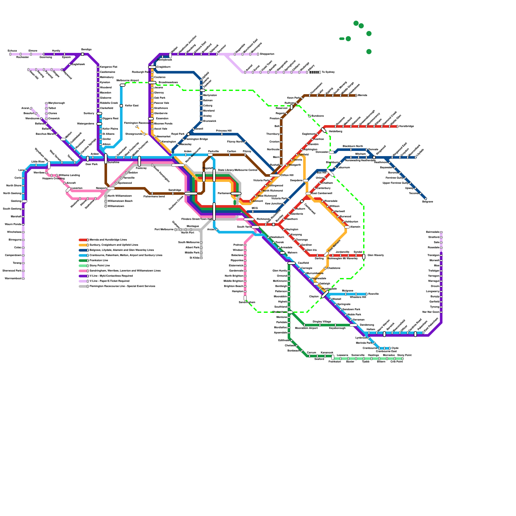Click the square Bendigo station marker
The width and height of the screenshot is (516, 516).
tap(83, 54)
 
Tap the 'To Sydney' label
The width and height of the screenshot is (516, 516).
tap(328, 72)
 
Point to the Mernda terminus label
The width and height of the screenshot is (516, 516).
tap(362, 95)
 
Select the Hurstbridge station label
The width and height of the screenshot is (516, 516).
tap(406, 126)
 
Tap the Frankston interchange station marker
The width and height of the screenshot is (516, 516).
tap(333, 357)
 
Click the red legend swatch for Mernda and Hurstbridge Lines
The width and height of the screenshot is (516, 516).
tap(83, 240)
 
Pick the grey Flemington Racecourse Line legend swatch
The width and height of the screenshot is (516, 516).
tap(83, 286)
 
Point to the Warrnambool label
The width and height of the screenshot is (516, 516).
tap(13, 279)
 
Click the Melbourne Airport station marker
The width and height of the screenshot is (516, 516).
tap(123, 85)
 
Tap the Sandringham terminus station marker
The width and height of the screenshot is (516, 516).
tap(245, 298)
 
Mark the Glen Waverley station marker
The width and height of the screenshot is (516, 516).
tap(364, 257)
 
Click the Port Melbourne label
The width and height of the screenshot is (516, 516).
tap(164, 230)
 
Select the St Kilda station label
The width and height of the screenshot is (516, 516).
tap(194, 258)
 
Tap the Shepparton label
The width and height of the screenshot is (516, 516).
tap(267, 54)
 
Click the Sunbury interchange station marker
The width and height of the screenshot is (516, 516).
tap(99, 114)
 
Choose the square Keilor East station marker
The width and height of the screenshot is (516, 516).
tap(121, 106)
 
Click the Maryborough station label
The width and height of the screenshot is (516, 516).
tap(56, 103)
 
